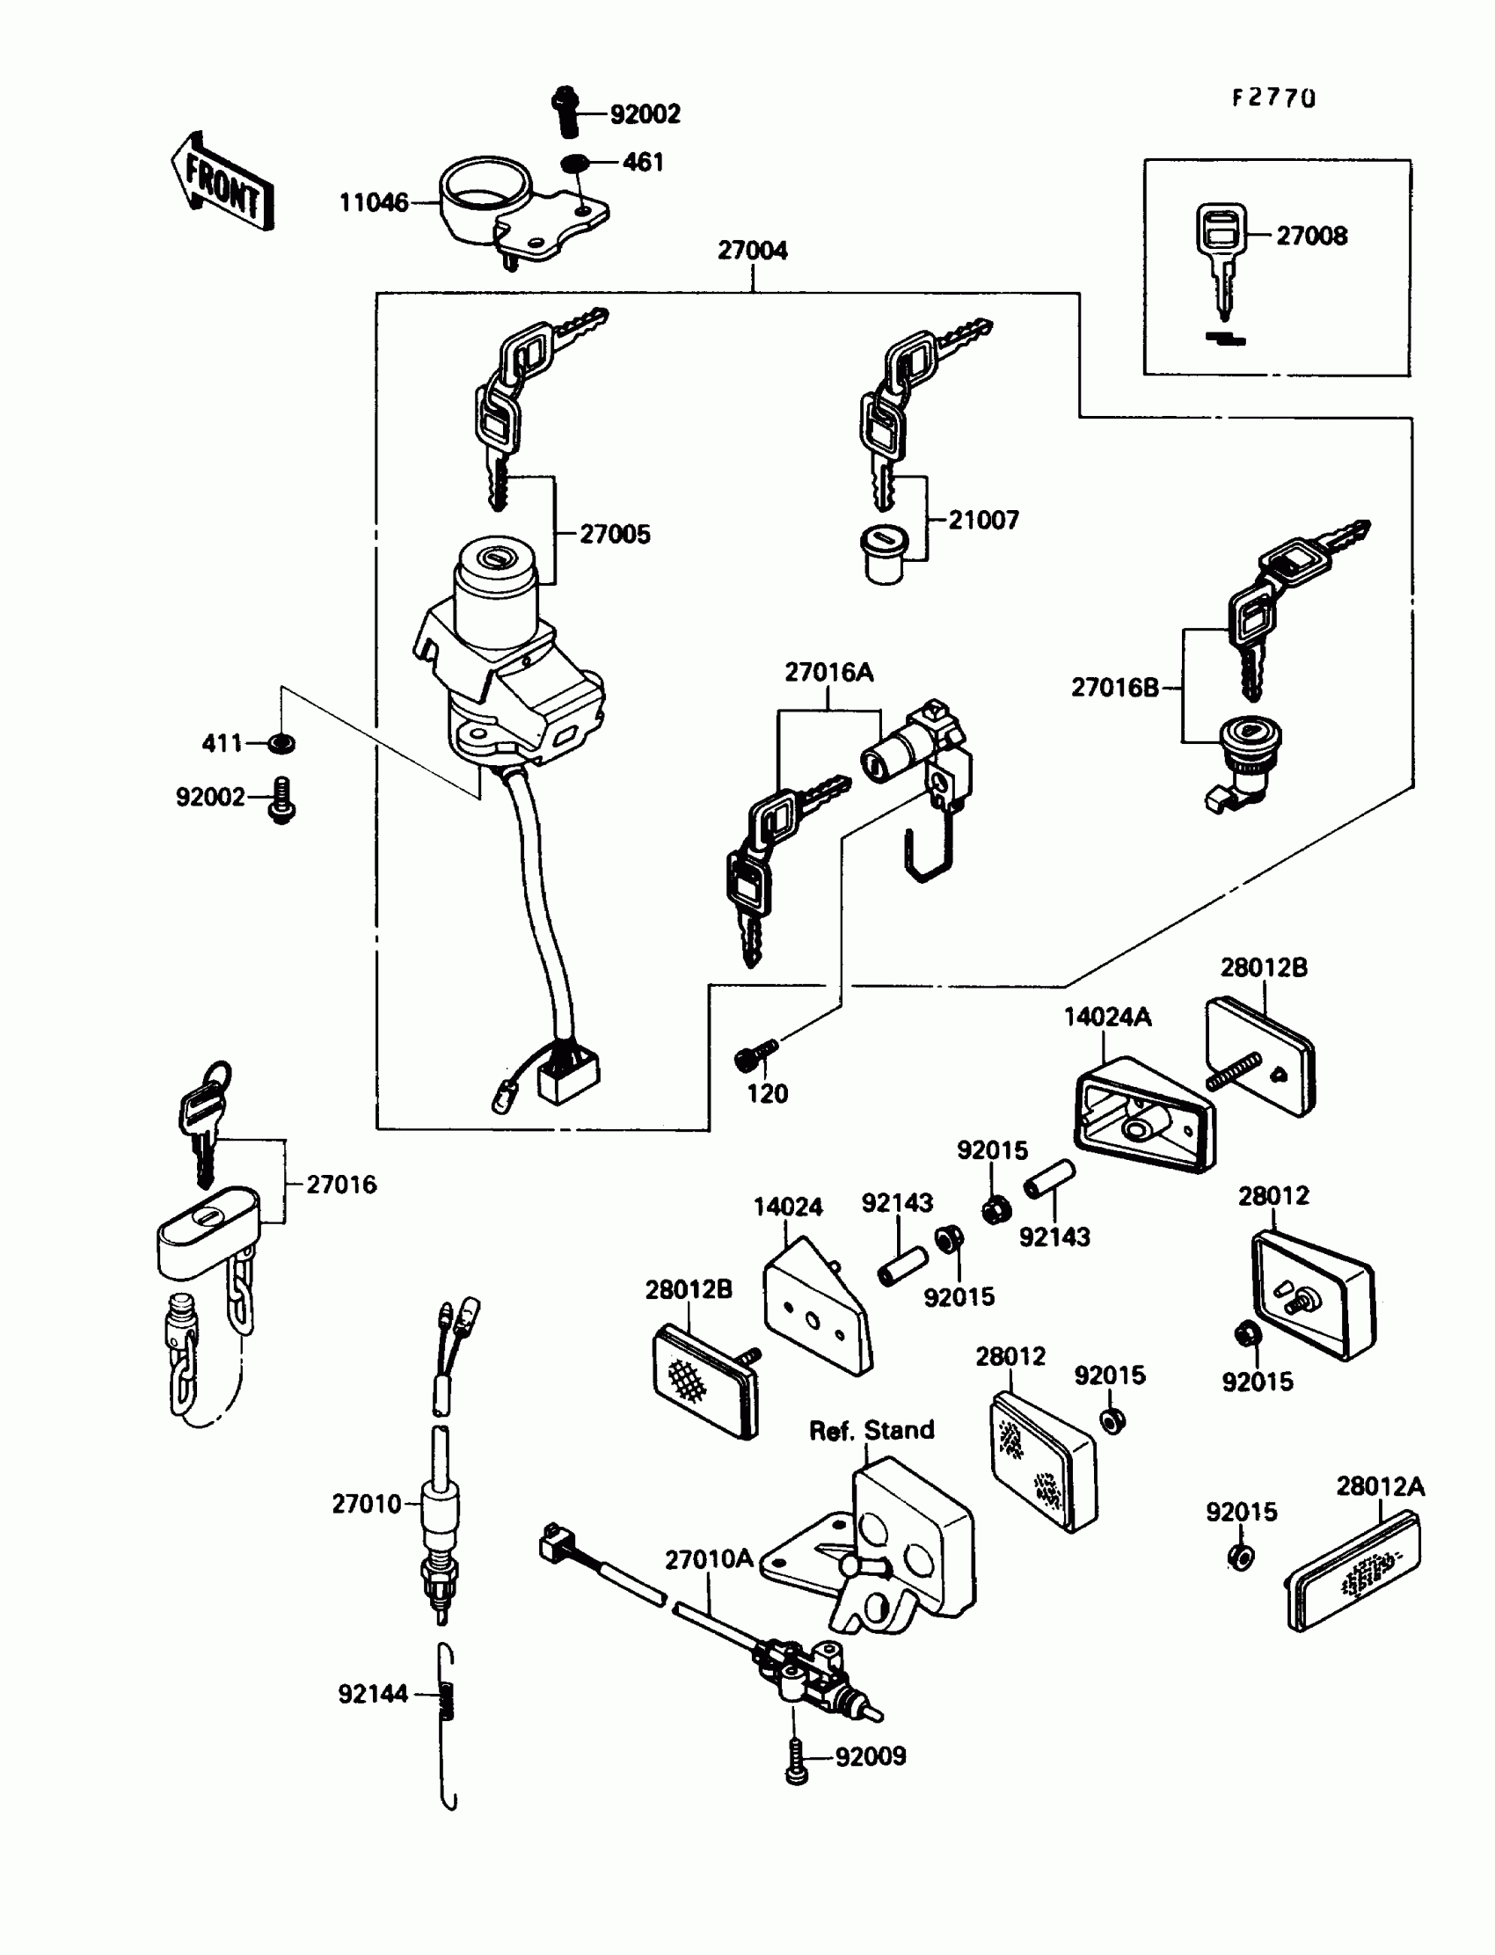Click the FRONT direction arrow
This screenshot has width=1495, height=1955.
[x=222, y=183]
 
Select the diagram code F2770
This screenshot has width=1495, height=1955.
[x=1273, y=98]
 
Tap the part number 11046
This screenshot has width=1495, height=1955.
[x=374, y=203]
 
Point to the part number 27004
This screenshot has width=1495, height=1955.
[x=752, y=251]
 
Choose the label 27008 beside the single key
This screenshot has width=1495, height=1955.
[x=1311, y=236]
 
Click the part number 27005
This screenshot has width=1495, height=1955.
[x=615, y=535]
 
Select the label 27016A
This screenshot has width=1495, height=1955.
[x=828, y=673]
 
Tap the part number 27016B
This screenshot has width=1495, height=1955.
[x=1114, y=688]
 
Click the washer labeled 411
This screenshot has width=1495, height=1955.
[x=283, y=743]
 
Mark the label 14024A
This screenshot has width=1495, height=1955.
[x=1107, y=1018]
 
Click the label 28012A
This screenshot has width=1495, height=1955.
[x=1379, y=1487]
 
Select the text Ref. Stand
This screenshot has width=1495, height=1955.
[x=871, y=1430]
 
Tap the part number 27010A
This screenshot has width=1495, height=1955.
[x=708, y=1559]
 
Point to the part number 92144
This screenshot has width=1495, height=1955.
[x=373, y=1695]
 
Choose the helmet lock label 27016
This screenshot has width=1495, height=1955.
[x=341, y=1185]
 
